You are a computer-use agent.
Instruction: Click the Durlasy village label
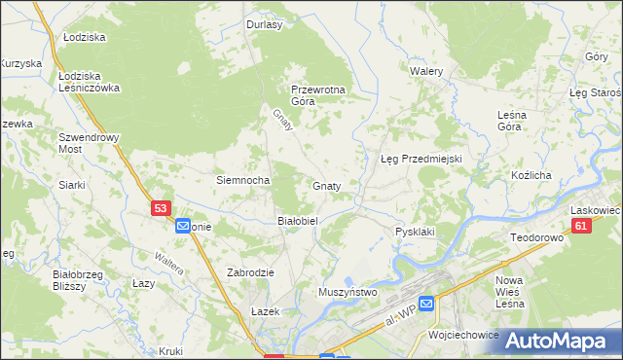[x=264, y=25]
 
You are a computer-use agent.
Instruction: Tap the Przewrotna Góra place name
[x=318, y=95]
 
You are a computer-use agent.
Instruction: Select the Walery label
[x=426, y=72]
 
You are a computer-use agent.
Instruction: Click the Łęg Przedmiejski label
[x=420, y=159]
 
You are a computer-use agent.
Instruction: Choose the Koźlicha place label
[x=531, y=175]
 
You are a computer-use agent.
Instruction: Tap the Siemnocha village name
[x=242, y=180]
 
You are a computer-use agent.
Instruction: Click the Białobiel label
[x=298, y=221]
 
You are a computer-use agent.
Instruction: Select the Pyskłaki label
[x=414, y=233]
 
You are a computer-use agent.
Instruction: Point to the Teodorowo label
[x=537, y=237]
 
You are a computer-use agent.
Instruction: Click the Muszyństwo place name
[x=348, y=291]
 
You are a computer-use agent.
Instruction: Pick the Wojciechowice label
[x=463, y=334]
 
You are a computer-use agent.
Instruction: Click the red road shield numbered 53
[x=162, y=208]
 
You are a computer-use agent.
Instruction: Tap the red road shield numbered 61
[x=581, y=226]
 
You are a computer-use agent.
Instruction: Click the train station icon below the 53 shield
[x=183, y=227]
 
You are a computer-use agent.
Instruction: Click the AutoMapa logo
[x=558, y=341]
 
